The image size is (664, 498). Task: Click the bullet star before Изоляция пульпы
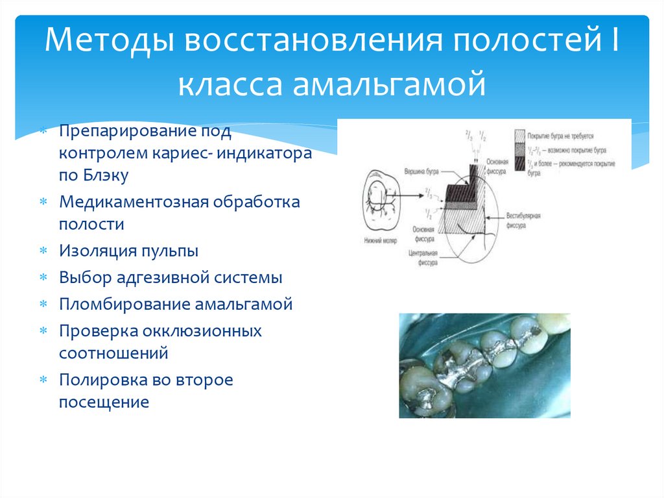coord(43,251)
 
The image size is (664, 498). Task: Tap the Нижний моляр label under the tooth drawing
coord(381,239)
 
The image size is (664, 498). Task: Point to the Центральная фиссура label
coord(420,258)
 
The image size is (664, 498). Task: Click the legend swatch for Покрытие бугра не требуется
coord(519,137)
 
